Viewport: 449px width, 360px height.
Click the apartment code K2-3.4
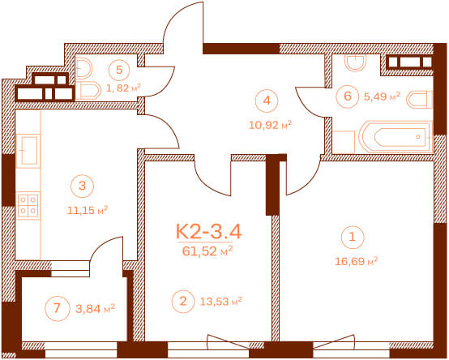209,231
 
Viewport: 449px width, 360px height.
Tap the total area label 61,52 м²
207,251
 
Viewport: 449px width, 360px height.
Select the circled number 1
353,237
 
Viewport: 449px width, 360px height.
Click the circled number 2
183,302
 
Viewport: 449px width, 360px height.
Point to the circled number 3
82,186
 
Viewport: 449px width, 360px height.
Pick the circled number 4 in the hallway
267,101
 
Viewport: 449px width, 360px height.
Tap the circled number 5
119,70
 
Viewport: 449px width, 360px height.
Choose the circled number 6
348,96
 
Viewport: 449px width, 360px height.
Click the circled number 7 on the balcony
58,308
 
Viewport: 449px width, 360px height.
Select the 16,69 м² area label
357,261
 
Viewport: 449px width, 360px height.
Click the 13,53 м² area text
220,302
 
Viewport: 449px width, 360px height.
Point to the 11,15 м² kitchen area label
88,210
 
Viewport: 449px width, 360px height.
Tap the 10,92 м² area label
270,125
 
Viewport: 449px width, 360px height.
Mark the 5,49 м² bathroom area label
382,96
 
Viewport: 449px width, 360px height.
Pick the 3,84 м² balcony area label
96,308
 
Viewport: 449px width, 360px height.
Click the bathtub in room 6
396,137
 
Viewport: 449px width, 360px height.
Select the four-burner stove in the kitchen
28,205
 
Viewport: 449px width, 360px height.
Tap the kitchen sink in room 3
28,150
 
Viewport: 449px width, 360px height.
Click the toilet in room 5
88,91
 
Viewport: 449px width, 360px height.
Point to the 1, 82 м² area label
124,88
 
